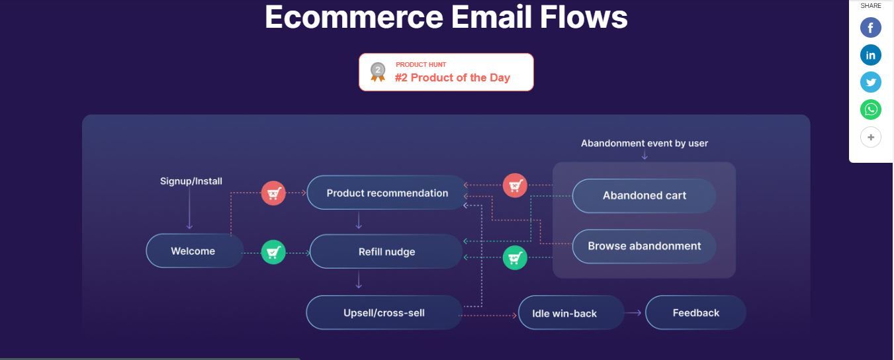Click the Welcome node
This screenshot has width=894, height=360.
point(194,251)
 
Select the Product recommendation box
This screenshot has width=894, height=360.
point(387,193)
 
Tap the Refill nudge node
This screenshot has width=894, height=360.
point(386,251)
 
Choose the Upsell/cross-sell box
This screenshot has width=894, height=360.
point(384,312)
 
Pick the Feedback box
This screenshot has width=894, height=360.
point(695,312)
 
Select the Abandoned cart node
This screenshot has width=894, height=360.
point(644,195)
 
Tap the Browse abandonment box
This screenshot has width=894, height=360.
point(644,246)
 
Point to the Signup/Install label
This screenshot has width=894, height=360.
point(191,181)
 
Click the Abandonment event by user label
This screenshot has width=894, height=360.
point(644,143)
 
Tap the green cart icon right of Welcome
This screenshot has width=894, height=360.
point(273,251)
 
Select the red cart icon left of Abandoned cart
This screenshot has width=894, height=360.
point(514,185)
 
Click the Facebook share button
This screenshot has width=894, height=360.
point(870,28)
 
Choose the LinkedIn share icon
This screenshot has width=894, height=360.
point(870,55)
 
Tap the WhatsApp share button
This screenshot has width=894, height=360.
point(870,109)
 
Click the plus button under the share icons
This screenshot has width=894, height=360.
point(870,137)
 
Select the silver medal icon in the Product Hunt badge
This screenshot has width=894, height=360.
point(378,71)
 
